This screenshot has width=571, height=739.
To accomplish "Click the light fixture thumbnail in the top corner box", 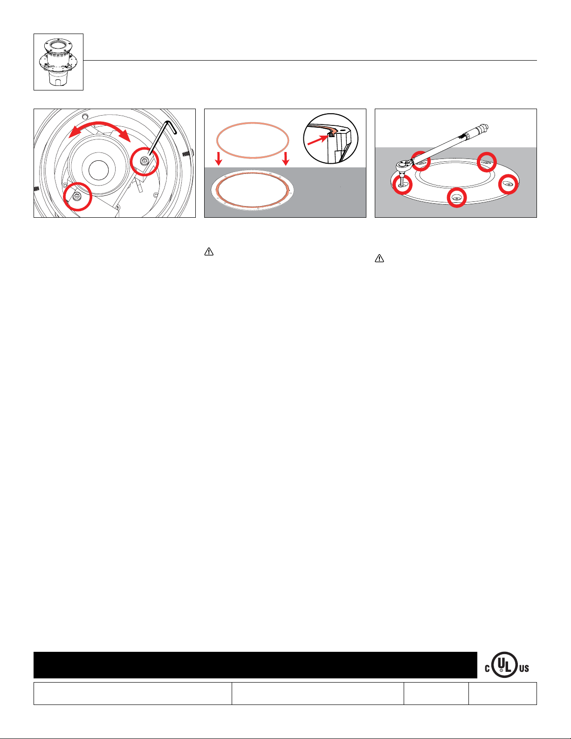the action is click(58, 62).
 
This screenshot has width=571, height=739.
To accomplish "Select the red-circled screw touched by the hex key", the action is click(144, 161).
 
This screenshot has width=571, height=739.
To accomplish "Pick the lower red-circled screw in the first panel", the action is click(77, 196).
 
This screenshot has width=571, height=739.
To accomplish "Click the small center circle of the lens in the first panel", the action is click(98, 170).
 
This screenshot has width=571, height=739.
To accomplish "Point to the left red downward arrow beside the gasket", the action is click(219, 159).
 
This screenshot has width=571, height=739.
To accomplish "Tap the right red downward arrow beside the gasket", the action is click(286, 159).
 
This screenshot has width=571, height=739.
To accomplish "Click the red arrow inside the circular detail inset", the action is click(318, 139).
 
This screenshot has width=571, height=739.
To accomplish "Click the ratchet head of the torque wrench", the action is click(404, 166).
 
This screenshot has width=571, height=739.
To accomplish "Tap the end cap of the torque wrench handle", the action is click(484, 128).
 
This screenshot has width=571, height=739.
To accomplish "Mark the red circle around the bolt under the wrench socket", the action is click(402, 185).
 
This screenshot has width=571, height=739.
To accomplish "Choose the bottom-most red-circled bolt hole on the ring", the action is click(456, 198).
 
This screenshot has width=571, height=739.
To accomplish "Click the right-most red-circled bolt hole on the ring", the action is click(509, 184).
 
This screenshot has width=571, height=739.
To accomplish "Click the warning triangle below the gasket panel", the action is click(209, 252).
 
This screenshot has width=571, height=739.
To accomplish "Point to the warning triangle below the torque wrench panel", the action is click(379, 258).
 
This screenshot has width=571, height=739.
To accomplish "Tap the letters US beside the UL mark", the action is click(524, 669).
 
